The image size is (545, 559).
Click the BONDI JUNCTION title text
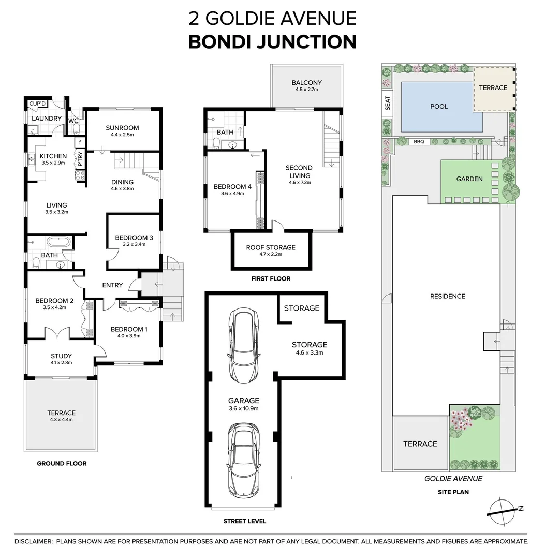272,41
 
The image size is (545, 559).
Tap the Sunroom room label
122,128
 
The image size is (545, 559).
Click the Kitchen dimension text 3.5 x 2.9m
53,163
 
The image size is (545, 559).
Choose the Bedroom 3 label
134,238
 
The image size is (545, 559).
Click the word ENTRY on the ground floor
112,285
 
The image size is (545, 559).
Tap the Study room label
61,356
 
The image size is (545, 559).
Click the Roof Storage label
271,247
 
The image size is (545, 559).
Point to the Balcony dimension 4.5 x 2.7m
306,90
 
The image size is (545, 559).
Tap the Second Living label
299,171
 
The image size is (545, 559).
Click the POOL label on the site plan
439,106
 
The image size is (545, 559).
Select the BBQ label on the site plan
418,141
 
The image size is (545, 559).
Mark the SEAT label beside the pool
388,105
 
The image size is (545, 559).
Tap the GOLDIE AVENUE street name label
453,479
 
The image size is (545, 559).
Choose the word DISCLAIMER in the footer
33,541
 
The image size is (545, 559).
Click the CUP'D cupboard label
38,104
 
